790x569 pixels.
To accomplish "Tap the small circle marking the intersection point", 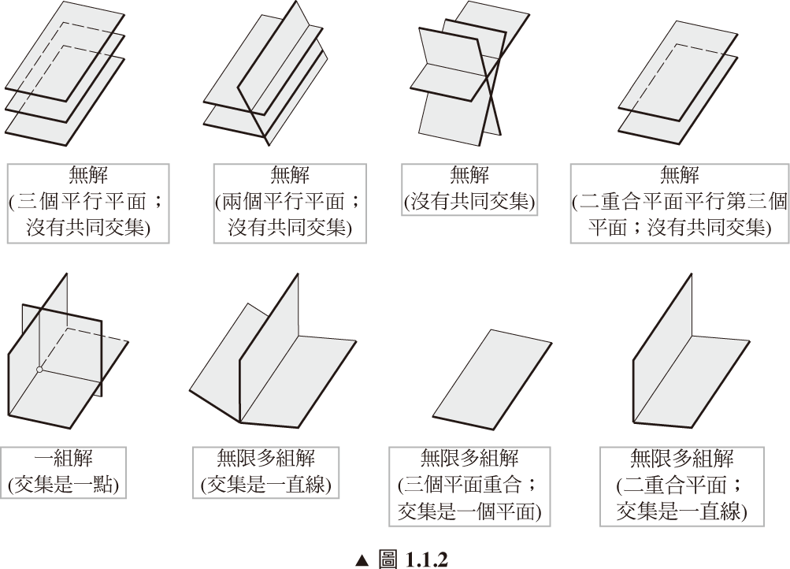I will pos(39,369).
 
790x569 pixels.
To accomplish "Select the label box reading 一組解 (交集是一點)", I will pos(64,473).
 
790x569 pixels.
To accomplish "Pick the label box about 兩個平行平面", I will pos(290,200).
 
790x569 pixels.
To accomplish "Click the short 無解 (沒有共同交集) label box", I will pos(469,188).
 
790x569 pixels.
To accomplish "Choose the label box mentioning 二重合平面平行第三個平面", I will pos(680,200).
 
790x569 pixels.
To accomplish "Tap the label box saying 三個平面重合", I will pos(469,485).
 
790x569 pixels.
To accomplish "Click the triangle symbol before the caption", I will pos(362,559).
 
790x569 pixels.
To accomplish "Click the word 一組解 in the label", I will pos(64,459).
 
